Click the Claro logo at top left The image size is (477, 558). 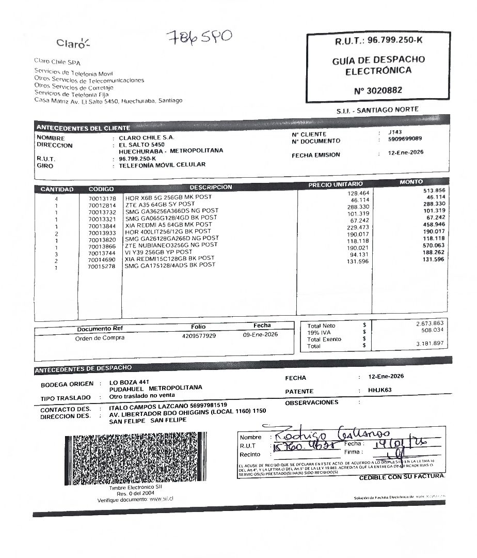(73, 43)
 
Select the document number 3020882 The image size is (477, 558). (378, 90)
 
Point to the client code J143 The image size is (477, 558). (395, 132)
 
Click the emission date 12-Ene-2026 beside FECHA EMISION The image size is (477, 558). (405, 153)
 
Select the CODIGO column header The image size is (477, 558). (101, 189)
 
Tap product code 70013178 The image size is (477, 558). (102, 198)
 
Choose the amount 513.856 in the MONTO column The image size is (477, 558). (433, 190)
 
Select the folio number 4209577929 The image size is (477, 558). (199, 336)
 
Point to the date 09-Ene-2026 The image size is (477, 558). (260, 334)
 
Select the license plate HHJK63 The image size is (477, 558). (380, 391)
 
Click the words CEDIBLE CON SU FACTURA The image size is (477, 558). (402, 477)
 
